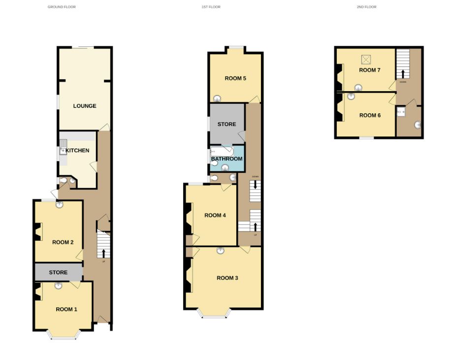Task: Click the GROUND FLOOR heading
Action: click(x=62, y=7)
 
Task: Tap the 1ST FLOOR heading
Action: click(x=211, y=7)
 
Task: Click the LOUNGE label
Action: click(x=85, y=106)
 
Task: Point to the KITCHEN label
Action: click(x=78, y=150)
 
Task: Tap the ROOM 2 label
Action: click(x=63, y=242)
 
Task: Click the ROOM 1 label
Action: click(x=66, y=309)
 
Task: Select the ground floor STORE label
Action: click(x=58, y=272)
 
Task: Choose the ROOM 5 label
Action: click(x=235, y=78)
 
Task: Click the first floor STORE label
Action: click(x=227, y=124)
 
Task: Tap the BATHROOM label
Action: click(x=227, y=159)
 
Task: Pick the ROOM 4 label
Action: click(x=215, y=215)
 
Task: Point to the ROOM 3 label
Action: click(x=227, y=278)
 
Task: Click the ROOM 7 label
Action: click(x=370, y=70)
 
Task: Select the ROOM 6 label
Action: click(x=370, y=115)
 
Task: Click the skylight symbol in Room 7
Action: click(x=366, y=60)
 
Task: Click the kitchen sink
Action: click(x=63, y=146)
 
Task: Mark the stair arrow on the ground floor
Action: click(x=103, y=253)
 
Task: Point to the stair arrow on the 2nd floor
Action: click(x=403, y=73)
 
